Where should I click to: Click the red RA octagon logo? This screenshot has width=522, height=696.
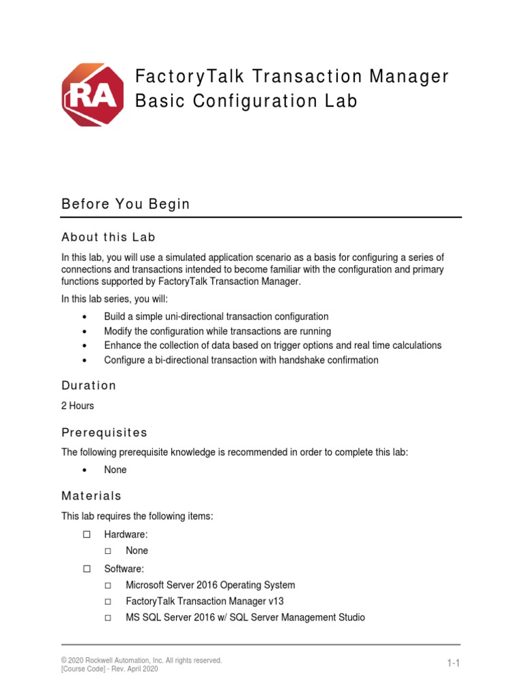pyautogui.click(x=93, y=94)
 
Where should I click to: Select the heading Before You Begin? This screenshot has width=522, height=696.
pyautogui.click(x=126, y=204)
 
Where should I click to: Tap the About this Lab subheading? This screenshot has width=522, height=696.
pyautogui.click(x=108, y=237)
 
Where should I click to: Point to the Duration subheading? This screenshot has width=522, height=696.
pyautogui.click(x=88, y=385)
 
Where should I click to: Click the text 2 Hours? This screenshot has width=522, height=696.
pyautogui.click(x=77, y=406)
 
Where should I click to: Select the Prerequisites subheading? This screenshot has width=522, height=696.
pyautogui.click(x=104, y=433)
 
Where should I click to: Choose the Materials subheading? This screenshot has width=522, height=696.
pyautogui.click(x=91, y=496)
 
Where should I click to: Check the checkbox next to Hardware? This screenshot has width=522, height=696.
pyautogui.click(x=86, y=536)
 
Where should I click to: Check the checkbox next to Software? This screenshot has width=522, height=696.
pyautogui.click(x=86, y=568)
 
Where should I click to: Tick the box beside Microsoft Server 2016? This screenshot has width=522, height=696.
pyautogui.click(x=109, y=585)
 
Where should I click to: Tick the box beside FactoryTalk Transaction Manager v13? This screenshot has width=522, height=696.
pyautogui.click(x=109, y=602)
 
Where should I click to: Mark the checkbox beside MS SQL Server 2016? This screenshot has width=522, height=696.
pyautogui.click(x=109, y=618)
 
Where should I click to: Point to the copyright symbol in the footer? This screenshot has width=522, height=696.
pyautogui.click(x=64, y=660)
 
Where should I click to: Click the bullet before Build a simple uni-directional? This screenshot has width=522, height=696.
pyautogui.click(x=84, y=317)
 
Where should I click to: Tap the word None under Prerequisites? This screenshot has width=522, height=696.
pyautogui.click(x=115, y=470)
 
